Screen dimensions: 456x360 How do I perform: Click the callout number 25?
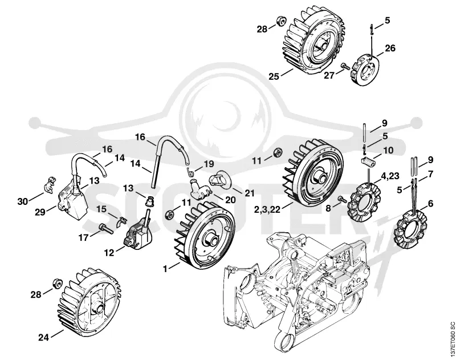(274, 76)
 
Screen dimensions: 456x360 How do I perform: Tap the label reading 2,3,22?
(267, 209)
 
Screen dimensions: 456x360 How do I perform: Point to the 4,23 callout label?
(390, 176)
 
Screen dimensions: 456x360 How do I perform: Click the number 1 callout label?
(165, 269)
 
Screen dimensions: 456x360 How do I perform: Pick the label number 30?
(23, 201)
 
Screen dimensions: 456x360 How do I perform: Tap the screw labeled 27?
(346, 66)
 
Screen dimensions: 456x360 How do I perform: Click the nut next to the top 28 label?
(280, 21)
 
